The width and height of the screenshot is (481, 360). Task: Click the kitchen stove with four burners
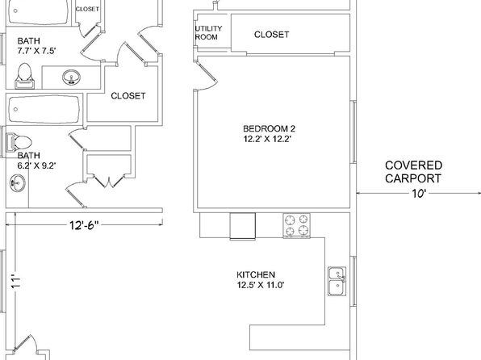297,225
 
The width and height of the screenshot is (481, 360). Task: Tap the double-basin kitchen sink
337,281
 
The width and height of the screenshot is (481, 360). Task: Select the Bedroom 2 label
269,128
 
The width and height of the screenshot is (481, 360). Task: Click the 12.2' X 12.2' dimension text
267,139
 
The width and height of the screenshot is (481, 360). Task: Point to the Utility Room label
208,33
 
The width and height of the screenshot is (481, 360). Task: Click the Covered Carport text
413,172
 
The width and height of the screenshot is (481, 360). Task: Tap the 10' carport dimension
419,194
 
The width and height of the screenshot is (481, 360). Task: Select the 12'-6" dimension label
85,225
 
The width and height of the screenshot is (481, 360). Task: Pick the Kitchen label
256,274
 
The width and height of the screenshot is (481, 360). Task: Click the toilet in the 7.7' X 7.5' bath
24,76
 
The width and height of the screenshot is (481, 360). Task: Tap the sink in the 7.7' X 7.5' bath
72,77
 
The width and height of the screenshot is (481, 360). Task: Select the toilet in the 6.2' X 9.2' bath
19,142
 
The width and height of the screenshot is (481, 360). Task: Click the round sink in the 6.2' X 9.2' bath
18,183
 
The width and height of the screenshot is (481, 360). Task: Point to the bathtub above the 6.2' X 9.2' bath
44,110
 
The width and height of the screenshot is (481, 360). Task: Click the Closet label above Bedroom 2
271,35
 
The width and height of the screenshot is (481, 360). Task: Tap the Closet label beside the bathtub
128,96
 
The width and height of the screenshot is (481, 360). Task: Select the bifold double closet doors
108,181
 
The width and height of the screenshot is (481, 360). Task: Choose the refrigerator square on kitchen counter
243,226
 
